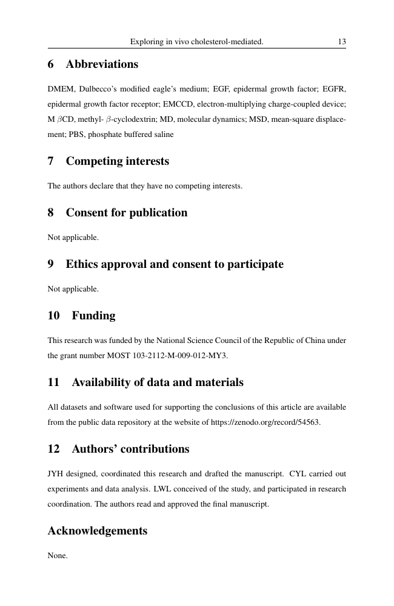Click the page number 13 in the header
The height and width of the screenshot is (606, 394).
click(x=342, y=42)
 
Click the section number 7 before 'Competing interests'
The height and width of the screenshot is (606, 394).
click(x=51, y=162)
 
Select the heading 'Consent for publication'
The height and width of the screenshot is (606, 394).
click(x=126, y=213)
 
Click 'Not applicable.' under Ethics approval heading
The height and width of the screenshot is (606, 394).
click(x=73, y=289)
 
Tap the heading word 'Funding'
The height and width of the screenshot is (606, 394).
click(x=93, y=316)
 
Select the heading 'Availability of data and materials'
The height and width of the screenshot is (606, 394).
click(x=158, y=382)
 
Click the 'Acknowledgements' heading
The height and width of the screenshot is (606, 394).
click(x=97, y=531)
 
